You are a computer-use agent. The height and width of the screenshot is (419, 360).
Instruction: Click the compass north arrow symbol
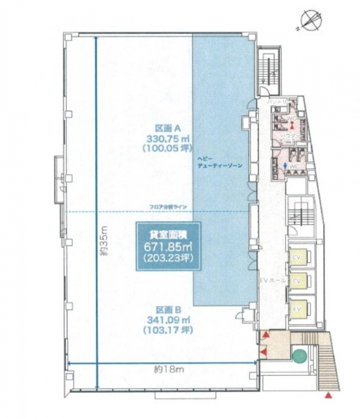[x=310, y=21]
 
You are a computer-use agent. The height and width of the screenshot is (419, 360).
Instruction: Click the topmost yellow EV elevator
[x=297, y=257]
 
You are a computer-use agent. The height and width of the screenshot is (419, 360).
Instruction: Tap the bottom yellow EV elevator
[x=297, y=309]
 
